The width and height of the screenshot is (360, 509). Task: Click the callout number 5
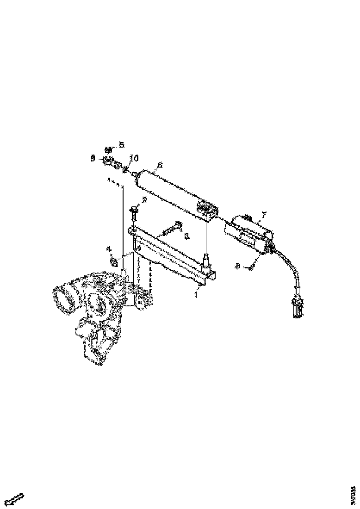tap(122, 145)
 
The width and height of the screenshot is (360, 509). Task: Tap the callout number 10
tap(134, 158)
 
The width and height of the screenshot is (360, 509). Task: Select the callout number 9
tap(93, 158)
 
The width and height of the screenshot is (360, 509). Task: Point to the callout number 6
tap(160, 165)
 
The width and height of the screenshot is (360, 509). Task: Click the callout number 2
tap(144, 200)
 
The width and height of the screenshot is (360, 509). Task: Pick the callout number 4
tap(110, 249)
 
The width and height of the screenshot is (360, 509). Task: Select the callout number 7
tap(264, 215)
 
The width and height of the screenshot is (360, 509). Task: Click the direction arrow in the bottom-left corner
tap(16, 499)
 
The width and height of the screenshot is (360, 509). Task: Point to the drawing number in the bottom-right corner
tap(354, 492)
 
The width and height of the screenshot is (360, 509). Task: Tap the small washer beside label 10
tap(125, 168)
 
